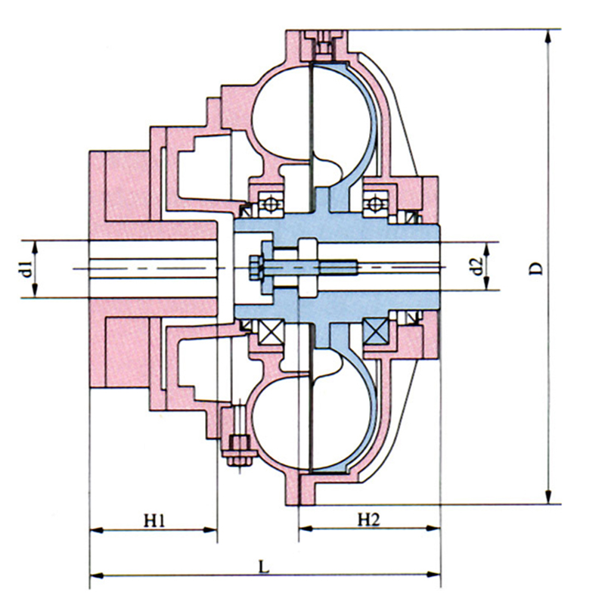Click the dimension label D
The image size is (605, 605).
(535, 268)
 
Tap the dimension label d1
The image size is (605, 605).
(26, 268)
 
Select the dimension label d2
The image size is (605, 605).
(478, 266)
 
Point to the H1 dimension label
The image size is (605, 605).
(154, 521)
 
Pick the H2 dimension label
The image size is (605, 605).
(369, 520)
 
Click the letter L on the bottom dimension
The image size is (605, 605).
(263, 567)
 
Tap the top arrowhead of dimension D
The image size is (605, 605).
(548, 36)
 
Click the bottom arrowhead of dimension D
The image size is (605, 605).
(548, 498)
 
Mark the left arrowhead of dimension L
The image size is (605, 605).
(97, 576)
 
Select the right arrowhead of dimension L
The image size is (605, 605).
(433, 575)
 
